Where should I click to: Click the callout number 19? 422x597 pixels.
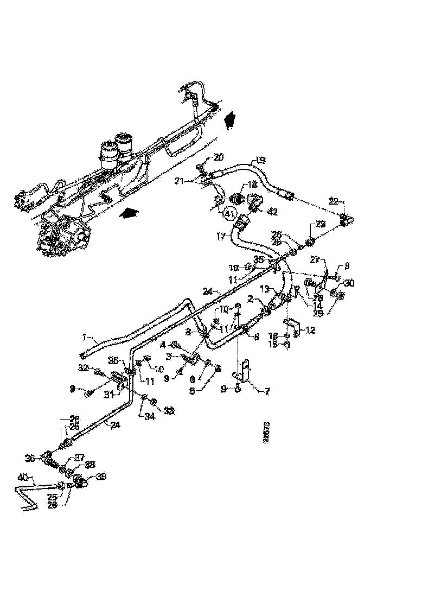[x=260, y=160]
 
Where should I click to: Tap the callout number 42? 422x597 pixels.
[x=272, y=212]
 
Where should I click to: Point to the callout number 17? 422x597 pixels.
[x=221, y=236]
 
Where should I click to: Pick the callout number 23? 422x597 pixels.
[x=319, y=223]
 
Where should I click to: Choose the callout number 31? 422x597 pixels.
[x=108, y=394]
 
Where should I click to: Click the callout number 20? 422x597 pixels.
[x=218, y=157]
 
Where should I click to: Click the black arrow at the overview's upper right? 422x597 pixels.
[x=229, y=118]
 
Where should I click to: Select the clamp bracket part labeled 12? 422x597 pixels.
[x=295, y=327]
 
